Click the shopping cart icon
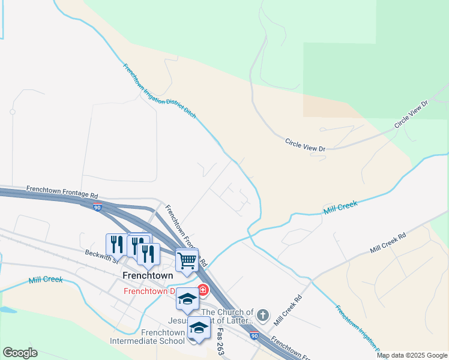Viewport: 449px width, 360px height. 187,260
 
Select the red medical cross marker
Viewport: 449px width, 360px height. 203,290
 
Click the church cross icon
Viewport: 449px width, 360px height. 262,314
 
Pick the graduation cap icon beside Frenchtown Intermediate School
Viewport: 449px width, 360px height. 199,327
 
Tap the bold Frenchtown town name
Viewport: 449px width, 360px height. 148,275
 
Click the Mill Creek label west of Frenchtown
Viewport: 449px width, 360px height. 46,280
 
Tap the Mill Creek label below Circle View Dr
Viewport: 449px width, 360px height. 340,208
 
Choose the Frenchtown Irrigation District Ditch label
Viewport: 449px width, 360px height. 160,90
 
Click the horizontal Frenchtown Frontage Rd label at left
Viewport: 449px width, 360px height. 62,192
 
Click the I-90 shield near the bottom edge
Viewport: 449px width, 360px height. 255,337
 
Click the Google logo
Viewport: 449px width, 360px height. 20,353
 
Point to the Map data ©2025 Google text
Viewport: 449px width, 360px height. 412,355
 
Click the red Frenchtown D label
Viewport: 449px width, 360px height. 149,292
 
